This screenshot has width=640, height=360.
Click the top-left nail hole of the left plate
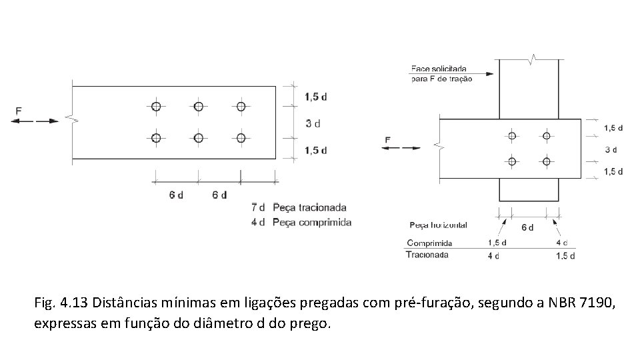point(156,106)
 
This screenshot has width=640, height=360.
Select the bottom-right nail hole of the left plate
point(241,138)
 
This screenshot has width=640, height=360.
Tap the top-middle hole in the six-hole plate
point(198,106)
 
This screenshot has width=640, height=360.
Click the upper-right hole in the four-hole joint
point(546,136)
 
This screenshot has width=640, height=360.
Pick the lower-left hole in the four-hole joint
point(512,161)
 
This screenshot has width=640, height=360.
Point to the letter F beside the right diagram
point(388,139)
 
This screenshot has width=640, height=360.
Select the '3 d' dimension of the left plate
point(313,123)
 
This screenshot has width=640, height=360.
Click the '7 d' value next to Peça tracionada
point(258,207)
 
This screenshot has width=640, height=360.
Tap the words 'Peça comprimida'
point(311,222)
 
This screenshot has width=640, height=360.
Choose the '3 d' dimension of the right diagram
point(611,149)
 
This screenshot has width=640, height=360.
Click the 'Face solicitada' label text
point(439,68)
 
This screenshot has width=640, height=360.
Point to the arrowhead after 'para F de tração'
point(489,74)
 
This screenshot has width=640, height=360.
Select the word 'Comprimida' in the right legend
point(429,243)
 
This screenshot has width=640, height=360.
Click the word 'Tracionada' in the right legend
point(428,254)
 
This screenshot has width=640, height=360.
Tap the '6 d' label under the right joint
point(527,227)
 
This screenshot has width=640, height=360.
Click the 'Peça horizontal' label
point(438,225)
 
